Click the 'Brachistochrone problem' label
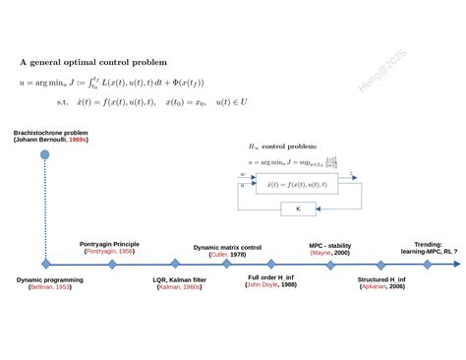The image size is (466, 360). click(50, 132)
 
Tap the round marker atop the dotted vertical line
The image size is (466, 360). click(45, 154)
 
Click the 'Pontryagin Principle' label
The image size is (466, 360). click(109, 244)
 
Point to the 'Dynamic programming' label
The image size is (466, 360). click(50, 279)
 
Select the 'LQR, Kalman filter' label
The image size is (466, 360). click(179, 279)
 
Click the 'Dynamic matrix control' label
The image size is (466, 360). click(227, 248)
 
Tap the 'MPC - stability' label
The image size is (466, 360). click(329, 246)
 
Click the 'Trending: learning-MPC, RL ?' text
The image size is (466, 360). click(428, 247)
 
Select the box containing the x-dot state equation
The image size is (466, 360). click(296, 184)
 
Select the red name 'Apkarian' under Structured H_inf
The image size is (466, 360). click(376, 286)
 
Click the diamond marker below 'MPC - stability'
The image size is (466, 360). click(329, 264)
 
